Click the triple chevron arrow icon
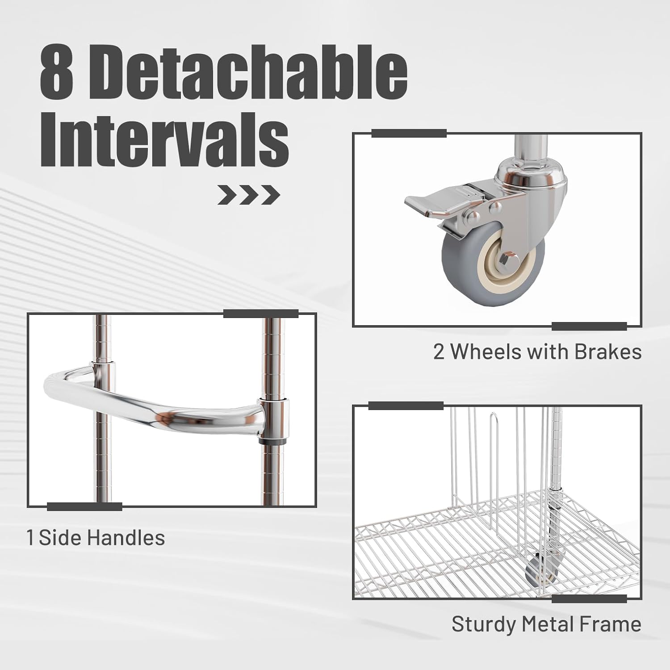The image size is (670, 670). click(248, 195)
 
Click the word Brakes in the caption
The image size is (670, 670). click(608, 352)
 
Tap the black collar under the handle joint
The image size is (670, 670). click(273, 441)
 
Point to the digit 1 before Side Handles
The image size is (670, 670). click(30, 537)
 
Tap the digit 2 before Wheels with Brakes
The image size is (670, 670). click(439, 352)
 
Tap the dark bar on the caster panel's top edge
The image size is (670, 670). click(409, 133)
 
